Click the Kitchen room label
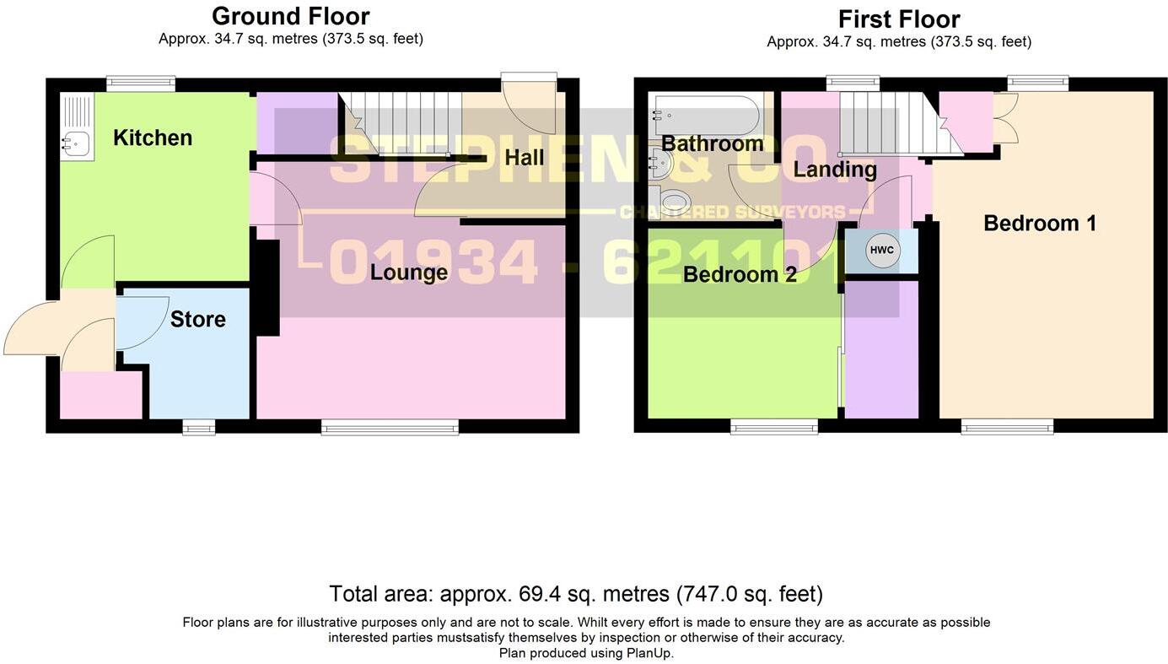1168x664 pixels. [153, 138]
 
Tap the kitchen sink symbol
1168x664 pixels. [76, 144]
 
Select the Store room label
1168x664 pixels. [198, 319]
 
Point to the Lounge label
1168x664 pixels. [409, 273]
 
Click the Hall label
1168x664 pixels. [524, 158]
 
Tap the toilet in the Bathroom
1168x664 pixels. [674, 201]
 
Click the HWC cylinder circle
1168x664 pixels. [882, 251]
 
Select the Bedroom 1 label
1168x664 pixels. [1040, 224]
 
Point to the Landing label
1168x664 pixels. [835, 170]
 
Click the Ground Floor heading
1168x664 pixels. [290, 16]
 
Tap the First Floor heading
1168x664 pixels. [899, 19]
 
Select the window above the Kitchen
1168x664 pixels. [141, 83]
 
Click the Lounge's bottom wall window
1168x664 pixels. [390, 428]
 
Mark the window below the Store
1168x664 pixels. [199, 428]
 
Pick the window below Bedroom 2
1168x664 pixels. [774, 427]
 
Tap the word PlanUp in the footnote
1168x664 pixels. [649, 653]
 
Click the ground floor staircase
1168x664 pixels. [405, 122]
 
